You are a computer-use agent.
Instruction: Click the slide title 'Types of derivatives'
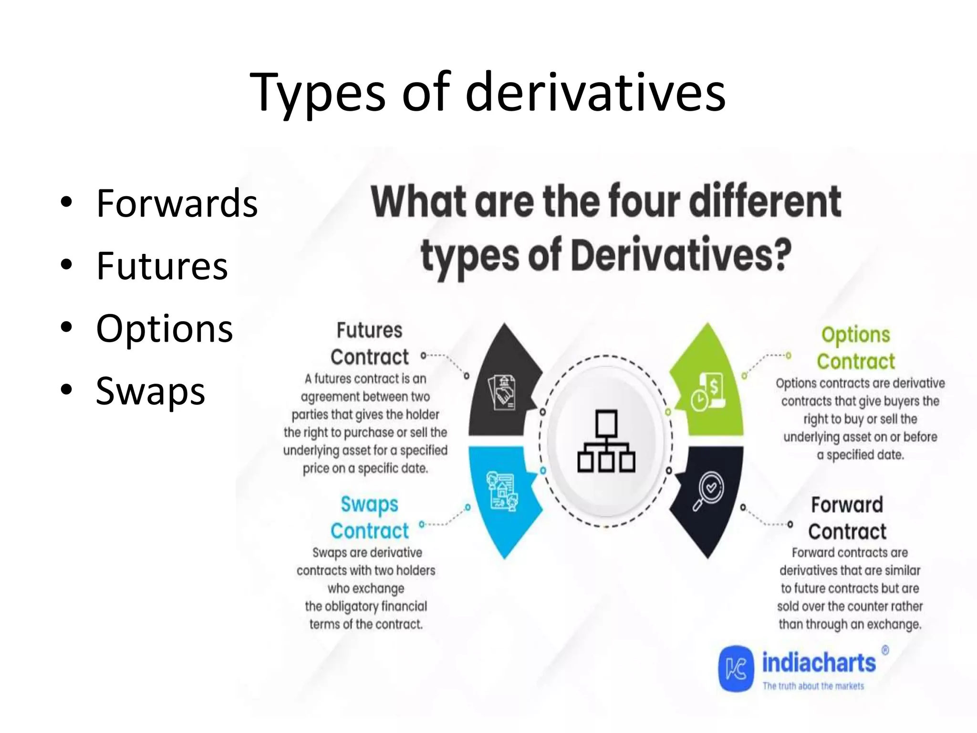pos(488,92)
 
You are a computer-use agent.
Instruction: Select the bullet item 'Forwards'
pos(177,203)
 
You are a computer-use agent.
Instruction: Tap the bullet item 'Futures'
pos(162,266)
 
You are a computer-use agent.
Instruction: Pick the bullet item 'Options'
pos(164,328)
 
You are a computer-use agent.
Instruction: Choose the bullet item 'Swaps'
pos(150,391)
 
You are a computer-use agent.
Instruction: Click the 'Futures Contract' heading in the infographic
pos(369,344)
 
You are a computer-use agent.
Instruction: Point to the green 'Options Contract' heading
pos(856,348)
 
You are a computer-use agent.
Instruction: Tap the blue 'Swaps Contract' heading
pos(369,517)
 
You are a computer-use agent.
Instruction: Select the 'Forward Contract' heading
pos(847,518)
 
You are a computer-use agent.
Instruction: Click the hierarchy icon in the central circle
pos(606,441)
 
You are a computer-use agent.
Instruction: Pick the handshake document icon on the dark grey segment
pos(502,392)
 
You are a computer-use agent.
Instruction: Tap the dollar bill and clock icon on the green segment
pos(708,391)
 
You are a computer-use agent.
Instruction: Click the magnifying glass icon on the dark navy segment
pos(708,491)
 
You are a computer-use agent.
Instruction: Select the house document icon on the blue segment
pos(502,492)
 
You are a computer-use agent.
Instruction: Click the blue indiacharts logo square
pos(736,669)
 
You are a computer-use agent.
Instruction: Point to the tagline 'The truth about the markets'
pos(813,686)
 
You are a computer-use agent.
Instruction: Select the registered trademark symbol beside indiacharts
pos(885,650)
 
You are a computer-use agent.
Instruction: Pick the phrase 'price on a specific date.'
pos(365,469)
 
